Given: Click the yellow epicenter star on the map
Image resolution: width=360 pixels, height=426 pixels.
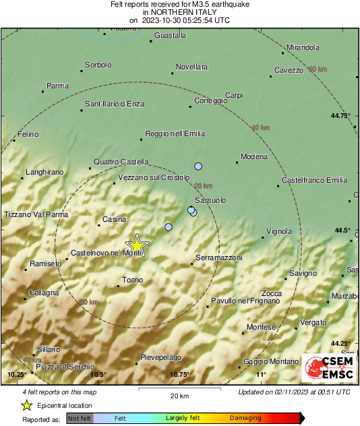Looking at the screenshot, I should (x=137, y=244).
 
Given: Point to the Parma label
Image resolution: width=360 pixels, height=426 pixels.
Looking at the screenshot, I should (x=57, y=86).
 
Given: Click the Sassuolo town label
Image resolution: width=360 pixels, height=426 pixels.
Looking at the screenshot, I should (x=210, y=201).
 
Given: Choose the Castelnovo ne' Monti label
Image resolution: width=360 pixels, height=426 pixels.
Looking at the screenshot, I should (x=106, y=253).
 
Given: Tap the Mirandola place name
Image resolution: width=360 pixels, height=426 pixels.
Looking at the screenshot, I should (x=303, y=48).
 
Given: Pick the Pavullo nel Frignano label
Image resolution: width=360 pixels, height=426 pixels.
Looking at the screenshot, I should (x=245, y=300).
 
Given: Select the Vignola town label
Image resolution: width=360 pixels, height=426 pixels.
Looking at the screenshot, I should (x=279, y=231).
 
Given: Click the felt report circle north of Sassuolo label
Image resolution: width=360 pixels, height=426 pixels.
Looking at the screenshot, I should (x=198, y=166).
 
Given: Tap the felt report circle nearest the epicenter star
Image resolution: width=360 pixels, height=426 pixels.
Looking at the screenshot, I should (x=169, y=227).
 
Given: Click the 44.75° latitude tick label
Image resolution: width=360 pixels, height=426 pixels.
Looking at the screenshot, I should (x=341, y=115).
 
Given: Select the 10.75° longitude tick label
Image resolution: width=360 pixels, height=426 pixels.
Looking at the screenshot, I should (x=179, y=375).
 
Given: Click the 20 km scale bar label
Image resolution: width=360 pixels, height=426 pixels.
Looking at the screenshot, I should (x=179, y=395).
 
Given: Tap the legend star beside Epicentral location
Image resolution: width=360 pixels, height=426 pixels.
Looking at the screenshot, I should (x=26, y=405).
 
